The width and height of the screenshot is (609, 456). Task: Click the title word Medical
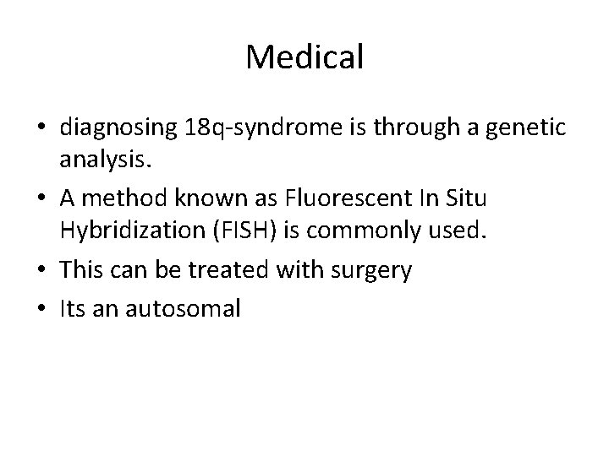[304, 57]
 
